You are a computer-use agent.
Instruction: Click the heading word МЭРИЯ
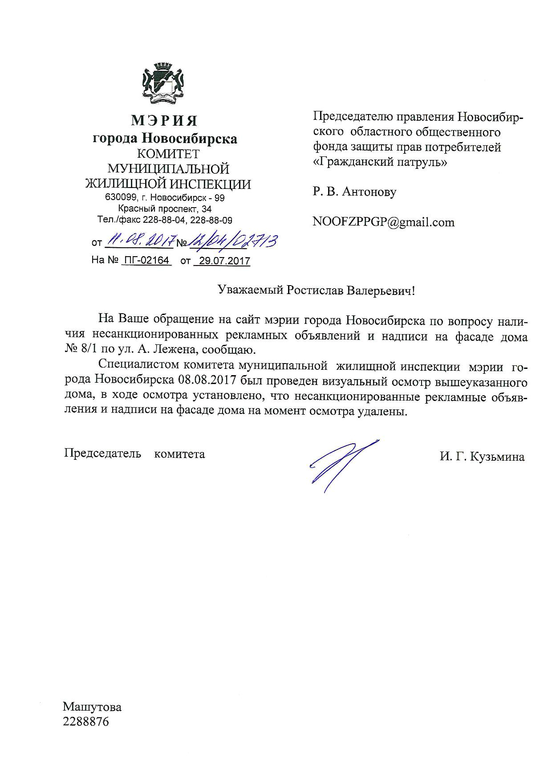164,121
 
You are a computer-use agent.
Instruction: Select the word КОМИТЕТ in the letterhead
168,154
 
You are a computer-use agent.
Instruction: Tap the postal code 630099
118,198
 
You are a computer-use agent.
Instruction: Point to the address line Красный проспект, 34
165,209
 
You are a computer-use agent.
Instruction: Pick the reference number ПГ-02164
146,260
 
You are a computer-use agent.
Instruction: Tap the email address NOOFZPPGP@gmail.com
383,222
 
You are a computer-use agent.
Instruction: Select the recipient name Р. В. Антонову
354,192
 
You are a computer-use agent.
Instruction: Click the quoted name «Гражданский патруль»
380,162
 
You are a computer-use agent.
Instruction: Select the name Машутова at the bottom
92,707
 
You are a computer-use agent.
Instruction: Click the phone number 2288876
86,722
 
